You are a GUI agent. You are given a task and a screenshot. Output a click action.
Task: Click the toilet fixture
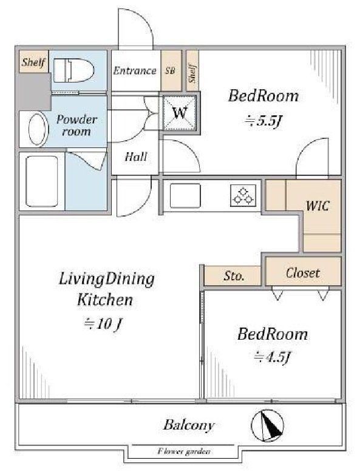pos(73,70)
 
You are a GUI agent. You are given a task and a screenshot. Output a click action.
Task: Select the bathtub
pos(42,181)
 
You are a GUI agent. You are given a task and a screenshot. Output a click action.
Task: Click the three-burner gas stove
pos(243,196)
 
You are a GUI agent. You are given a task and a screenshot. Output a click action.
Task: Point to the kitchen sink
pos(185,195)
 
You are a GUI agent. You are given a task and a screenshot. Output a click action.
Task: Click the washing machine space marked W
pos(180,113)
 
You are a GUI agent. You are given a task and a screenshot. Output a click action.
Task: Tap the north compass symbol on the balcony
pos(268,425)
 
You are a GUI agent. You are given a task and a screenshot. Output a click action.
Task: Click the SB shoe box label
pos(170,71)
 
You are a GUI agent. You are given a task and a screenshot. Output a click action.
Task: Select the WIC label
pos(318,206)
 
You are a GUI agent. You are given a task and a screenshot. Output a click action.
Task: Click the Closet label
pos(303,273)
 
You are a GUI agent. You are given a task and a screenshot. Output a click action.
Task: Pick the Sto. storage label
pos(234,275)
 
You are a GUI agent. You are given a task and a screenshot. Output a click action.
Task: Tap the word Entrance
pos(135,71)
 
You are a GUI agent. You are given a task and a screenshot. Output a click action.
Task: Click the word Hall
pos(136,157)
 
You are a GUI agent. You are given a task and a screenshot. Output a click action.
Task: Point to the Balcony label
pos(189,425)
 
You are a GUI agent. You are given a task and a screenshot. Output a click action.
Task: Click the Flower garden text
pos(184,451)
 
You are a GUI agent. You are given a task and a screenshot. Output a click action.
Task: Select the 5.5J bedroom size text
pos(263,121)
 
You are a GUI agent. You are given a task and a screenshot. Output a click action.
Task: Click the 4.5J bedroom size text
pos(272,357)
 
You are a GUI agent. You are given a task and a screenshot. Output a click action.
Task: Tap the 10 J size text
pos(103,324)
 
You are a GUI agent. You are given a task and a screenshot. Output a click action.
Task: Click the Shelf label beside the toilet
pos(33,62)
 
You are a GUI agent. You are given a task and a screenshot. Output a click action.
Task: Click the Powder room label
pos(77,125)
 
